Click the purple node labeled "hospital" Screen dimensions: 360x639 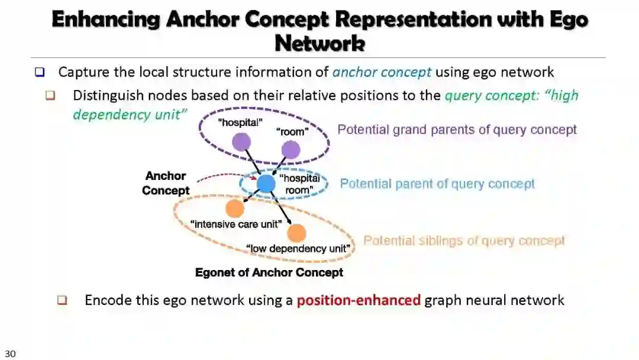(241, 142)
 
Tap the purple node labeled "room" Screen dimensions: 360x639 (291, 149)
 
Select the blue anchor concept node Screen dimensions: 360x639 (266, 184)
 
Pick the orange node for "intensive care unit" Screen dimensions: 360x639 (235, 208)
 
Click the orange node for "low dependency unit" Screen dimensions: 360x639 (296, 233)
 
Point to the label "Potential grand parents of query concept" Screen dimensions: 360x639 (457, 130)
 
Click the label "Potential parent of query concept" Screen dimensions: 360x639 (437, 184)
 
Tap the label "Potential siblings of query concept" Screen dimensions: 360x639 (464, 241)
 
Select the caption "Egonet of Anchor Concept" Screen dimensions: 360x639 (269, 273)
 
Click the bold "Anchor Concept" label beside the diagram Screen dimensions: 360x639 (166, 183)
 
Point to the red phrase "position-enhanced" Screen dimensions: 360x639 (359, 300)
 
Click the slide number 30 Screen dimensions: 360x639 (11, 354)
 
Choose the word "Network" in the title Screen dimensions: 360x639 (320, 43)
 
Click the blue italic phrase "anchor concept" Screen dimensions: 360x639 (382, 72)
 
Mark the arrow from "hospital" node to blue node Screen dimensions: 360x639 (253, 162)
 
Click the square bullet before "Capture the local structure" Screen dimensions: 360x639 (40, 73)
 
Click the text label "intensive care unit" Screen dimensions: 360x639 (235, 224)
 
